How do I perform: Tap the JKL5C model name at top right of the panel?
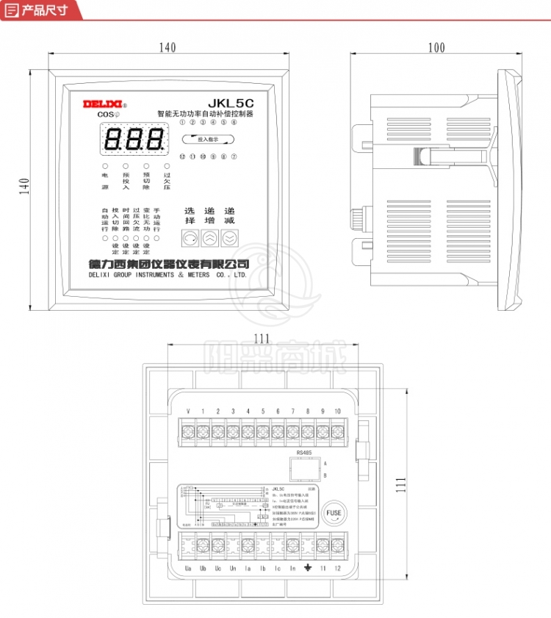[230, 103]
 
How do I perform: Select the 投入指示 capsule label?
[208, 138]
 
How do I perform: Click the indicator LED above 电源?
[104, 167]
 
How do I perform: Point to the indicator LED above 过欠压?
[167, 167]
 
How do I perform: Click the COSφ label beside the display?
[108, 115]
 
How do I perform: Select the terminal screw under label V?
[189, 431]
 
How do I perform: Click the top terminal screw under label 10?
[337, 431]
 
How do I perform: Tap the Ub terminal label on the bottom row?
[203, 569]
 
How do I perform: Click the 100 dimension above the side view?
[436, 48]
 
